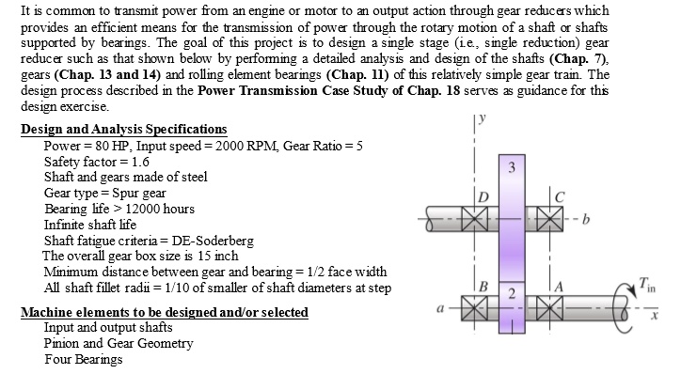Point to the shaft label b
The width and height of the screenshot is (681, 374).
[x=585, y=222]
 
